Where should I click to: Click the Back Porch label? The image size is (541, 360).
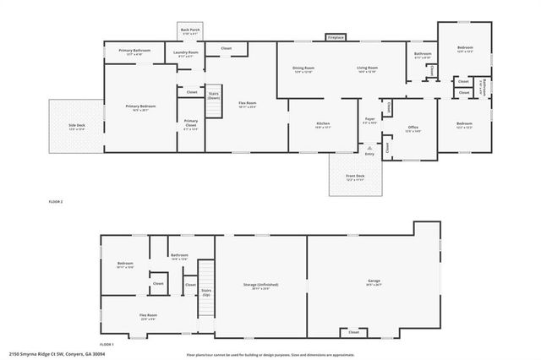(x=189, y=31)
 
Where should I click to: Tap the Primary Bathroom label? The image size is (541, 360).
(x=134, y=51)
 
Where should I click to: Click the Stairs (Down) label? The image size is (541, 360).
(x=214, y=95)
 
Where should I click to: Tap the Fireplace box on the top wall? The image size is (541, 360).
(x=335, y=37)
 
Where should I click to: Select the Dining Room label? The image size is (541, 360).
(x=303, y=68)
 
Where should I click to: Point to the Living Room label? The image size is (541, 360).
(x=366, y=68)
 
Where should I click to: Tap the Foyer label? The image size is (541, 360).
(x=369, y=120)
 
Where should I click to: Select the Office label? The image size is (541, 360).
(x=413, y=128)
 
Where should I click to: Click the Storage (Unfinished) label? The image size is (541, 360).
(x=260, y=286)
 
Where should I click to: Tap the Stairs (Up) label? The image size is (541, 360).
(x=205, y=292)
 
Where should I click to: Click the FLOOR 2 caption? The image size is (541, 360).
(x=56, y=201)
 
